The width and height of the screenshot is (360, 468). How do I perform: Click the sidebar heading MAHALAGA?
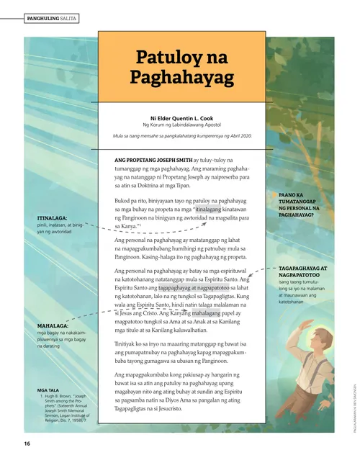tap(53, 327)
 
